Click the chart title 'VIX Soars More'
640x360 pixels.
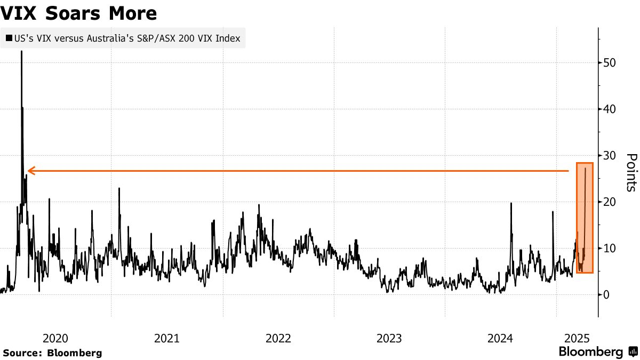point(79,13)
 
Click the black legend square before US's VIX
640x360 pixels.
point(9,38)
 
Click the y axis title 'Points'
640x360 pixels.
point(631,172)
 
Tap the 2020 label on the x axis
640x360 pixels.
point(55,338)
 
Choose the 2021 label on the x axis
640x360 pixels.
point(166,338)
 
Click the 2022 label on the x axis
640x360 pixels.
point(278,338)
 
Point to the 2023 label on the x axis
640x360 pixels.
point(389,338)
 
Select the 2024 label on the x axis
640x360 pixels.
point(501,338)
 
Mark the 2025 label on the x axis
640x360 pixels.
point(576,338)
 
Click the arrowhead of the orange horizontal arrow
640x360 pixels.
point(30,171)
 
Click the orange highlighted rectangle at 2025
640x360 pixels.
point(585,218)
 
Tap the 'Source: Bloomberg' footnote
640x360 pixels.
point(52,353)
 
